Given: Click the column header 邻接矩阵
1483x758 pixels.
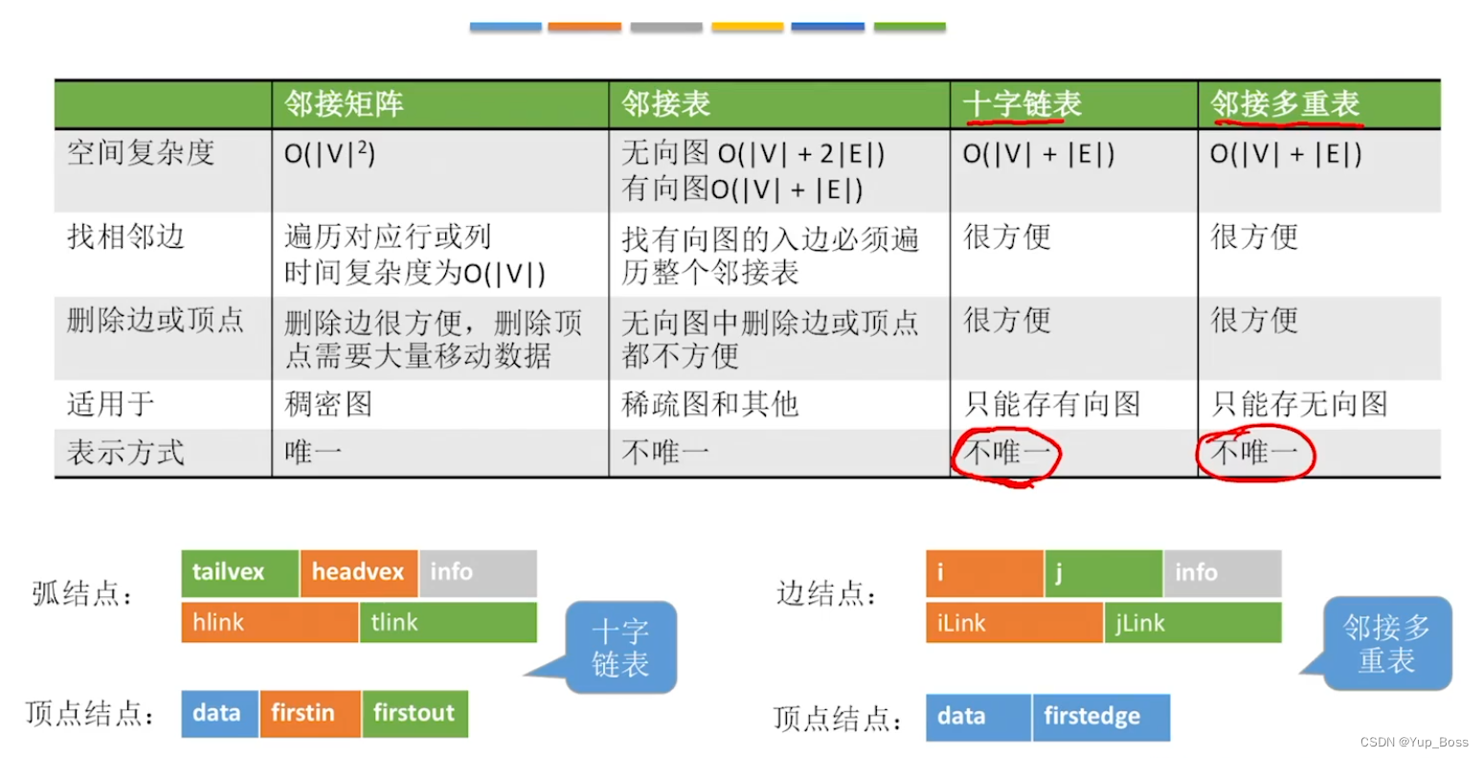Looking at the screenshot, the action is [x=344, y=103].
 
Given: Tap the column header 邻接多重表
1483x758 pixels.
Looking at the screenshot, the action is [x=1285, y=103].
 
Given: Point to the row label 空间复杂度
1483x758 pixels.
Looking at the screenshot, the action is [x=141, y=153].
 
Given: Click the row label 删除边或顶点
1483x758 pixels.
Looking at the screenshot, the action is [x=155, y=320].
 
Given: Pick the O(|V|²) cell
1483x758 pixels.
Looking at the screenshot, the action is [x=329, y=153].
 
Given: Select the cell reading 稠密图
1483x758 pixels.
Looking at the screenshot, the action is [x=328, y=404].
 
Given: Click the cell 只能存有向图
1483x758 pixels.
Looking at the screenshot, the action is [x=1052, y=404].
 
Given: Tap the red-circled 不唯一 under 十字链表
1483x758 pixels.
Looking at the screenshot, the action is [x=1005, y=453].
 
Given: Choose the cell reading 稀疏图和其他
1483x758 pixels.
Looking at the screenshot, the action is [x=709, y=404].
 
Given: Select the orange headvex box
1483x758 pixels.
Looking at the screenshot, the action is [x=359, y=572].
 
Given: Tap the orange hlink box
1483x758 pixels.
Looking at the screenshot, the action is [x=269, y=622].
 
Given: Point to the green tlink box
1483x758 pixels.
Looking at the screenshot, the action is [x=447, y=622].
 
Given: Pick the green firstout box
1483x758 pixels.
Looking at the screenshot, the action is [x=415, y=713].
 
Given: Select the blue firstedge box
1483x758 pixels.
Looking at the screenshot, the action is [x=1100, y=717].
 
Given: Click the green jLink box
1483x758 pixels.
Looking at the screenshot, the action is [x=1192, y=623].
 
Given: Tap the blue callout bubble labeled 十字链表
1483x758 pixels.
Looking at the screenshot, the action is [x=620, y=647].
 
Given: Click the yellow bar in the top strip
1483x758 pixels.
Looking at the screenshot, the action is [x=748, y=27].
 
